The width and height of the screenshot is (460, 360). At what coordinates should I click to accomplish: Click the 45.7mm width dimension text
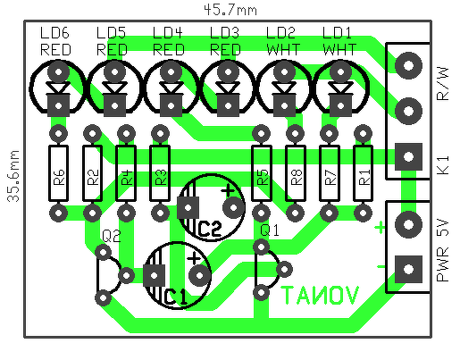[x=230, y=10]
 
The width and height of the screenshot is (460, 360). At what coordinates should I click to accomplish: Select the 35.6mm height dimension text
[x=13, y=176]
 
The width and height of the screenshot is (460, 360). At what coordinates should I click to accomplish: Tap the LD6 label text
[x=54, y=32]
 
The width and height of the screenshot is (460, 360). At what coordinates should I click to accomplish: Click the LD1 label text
[x=337, y=32]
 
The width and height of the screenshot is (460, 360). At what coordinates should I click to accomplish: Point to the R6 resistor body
[x=58, y=173]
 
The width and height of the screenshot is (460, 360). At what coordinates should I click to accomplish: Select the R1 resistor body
[x=363, y=173]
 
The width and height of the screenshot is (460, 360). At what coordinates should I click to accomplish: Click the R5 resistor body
[x=262, y=173]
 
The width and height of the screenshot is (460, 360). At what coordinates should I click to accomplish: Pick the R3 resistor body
[x=160, y=173]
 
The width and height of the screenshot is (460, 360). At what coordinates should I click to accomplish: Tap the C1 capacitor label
[x=176, y=297]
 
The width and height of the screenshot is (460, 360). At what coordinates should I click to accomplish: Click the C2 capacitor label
[x=210, y=229]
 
